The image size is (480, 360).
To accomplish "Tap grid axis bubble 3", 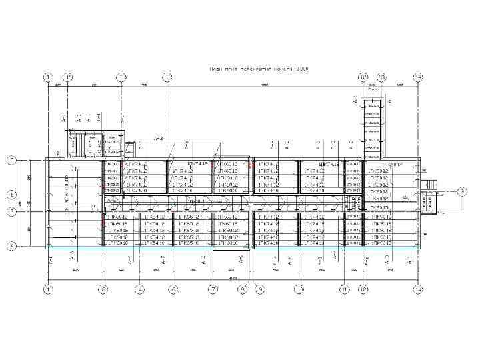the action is point(121,77).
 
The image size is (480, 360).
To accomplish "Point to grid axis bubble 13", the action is point(382,77).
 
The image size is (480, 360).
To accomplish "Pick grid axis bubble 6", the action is point(173,289).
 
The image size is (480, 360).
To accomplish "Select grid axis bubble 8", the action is point(243,289).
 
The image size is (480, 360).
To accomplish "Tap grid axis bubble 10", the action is point(299,289).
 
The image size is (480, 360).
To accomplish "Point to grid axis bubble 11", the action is point(344,289).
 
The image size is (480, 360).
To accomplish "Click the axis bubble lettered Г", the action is point(11,161).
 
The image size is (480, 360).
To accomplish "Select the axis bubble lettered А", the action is point(11,247).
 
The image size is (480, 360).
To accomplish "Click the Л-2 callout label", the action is point(159,139).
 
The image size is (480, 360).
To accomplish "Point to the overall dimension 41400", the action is point(233,278).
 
